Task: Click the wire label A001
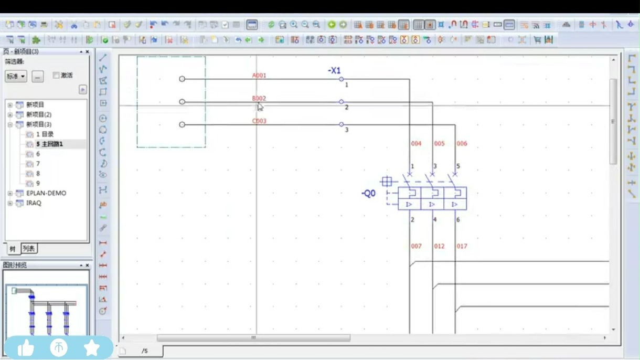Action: (x=259, y=76)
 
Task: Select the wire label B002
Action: (x=259, y=98)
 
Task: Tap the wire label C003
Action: (x=259, y=121)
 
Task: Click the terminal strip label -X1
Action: (x=334, y=70)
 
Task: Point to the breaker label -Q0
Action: (x=369, y=194)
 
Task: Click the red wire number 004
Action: (x=416, y=143)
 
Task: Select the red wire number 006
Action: (x=462, y=143)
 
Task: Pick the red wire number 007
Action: (x=416, y=246)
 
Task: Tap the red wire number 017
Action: (x=462, y=246)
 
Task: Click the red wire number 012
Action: (x=439, y=246)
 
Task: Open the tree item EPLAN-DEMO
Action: (x=46, y=193)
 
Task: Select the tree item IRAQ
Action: (x=34, y=203)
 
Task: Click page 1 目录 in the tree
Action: (x=45, y=134)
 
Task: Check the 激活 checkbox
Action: (x=56, y=76)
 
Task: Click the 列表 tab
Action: (x=29, y=248)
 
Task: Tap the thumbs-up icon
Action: (x=25, y=347)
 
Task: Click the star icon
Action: (x=92, y=347)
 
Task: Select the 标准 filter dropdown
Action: (x=16, y=77)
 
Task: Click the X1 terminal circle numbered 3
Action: (x=342, y=125)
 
